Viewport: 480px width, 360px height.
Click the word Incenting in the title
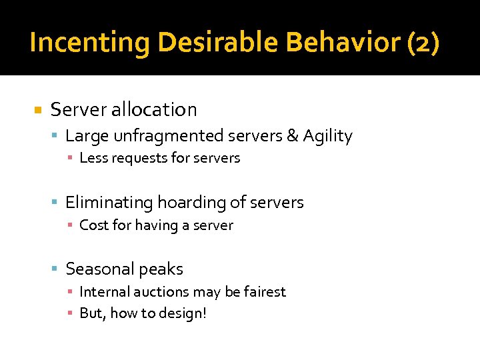point(89,43)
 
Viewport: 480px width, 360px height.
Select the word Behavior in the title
point(343,43)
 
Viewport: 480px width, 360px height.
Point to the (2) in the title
point(423,43)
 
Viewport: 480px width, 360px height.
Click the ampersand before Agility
point(292,136)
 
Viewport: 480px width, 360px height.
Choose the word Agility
point(327,136)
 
